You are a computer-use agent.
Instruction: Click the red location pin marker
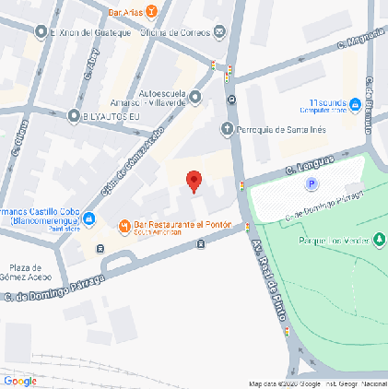[x=194, y=181]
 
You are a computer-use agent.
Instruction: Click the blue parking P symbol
[x=312, y=184]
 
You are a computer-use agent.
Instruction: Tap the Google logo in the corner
[x=20, y=380]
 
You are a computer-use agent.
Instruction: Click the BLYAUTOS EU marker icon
[x=73, y=116]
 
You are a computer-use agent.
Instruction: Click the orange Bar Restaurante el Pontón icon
[x=124, y=227]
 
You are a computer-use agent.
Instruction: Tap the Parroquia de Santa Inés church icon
[x=227, y=129]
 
